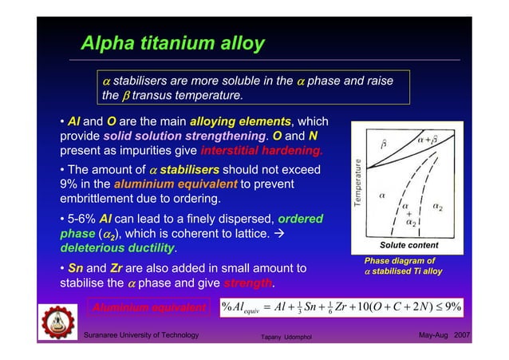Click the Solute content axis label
point(409,244)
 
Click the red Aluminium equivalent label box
point(149,307)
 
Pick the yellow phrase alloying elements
point(240,121)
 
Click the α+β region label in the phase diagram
point(431,140)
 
